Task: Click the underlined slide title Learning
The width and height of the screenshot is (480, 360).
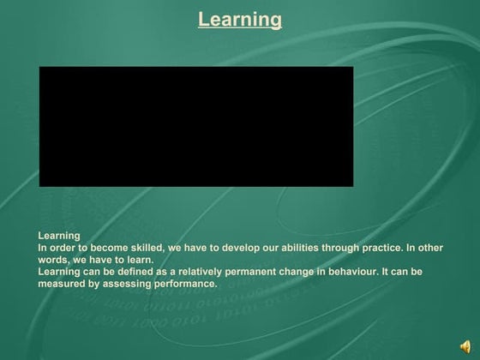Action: pyautogui.click(x=239, y=19)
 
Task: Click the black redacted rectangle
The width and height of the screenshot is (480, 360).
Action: pyautogui.click(x=195, y=126)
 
